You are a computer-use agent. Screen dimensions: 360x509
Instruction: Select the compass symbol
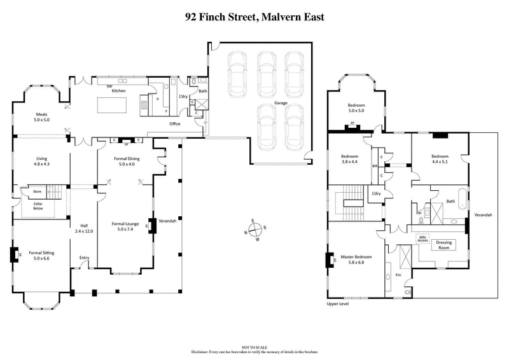point(254,230)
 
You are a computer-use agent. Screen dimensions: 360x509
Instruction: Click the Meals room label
point(42,117)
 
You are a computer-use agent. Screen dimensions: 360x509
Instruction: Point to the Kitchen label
point(119,91)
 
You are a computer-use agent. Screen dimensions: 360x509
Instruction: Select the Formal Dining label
point(128,162)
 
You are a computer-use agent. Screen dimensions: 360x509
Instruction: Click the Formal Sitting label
point(41,256)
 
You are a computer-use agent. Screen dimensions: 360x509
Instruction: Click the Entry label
point(84,257)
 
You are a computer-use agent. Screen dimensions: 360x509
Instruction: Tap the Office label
point(175,124)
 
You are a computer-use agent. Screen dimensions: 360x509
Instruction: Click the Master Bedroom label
point(356,260)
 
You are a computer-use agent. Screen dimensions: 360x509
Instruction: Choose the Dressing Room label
point(442,245)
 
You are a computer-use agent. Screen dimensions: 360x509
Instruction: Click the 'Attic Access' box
point(422,239)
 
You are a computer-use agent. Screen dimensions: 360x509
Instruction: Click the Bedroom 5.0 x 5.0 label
point(356,109)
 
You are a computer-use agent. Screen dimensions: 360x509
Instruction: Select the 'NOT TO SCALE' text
point(254,347)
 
